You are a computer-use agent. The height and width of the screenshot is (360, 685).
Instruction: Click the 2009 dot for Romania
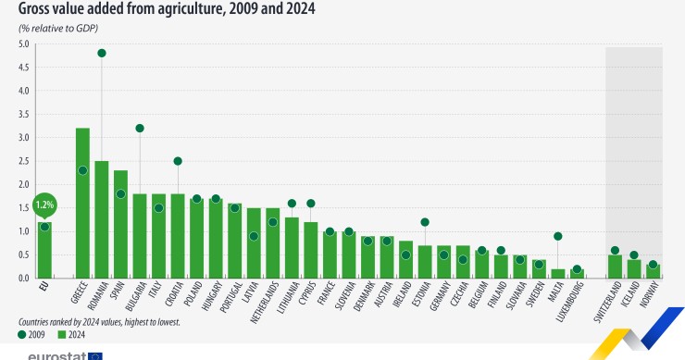coord(102,53)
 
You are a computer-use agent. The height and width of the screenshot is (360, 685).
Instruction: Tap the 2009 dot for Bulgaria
coord(140,128)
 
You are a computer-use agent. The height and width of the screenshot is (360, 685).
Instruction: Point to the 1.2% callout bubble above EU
coord(44,204)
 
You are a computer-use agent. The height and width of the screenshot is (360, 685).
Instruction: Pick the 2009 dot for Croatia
coord(178,161)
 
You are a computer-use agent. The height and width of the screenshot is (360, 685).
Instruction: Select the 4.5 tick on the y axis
coord(24,68)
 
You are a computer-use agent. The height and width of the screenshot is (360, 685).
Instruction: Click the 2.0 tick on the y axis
coord(24,184)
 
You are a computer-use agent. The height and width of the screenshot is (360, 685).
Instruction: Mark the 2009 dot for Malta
coord(557,236)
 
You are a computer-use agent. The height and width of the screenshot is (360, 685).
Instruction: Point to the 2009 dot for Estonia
coord(425,222)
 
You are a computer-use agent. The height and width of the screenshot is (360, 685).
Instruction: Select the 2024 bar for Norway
coord(653,271)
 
